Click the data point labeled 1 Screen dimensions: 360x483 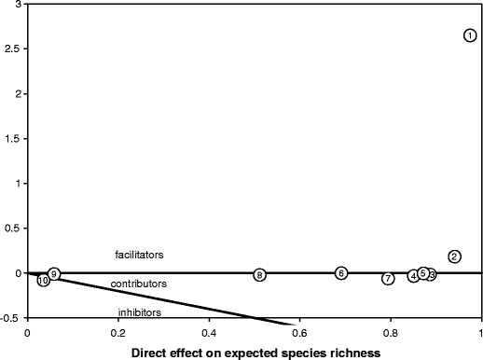pos(470,35)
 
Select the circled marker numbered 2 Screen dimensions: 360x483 pos(454,256)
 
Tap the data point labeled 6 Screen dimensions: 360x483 pos(341,272)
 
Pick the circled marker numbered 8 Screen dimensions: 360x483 pos(259,274)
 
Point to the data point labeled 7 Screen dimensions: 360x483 pos(388,279)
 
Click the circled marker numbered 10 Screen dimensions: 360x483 pos(43,281)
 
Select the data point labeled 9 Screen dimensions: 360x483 pos(54,273)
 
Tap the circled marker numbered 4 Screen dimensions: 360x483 pos(413,276)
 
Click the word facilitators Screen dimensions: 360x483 pos(139,254)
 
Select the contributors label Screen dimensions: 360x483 pos(139,284)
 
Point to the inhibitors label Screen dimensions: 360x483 pos(139,312)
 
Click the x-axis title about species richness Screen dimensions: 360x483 pos(255,352)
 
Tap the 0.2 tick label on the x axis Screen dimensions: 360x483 pos(117,332)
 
